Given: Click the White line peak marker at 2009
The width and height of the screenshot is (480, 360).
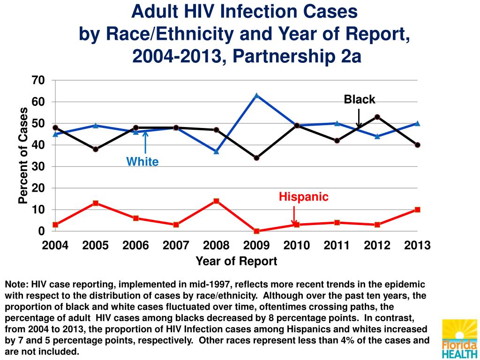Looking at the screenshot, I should [256, 96].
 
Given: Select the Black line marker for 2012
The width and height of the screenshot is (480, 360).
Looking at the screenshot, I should [377, 117].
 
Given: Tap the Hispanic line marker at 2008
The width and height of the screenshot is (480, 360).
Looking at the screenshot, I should [216, 201].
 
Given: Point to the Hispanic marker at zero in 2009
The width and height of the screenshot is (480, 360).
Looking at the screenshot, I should [256, 231].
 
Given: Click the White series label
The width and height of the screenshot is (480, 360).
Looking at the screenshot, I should [142, 162].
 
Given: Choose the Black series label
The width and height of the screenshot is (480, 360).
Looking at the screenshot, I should [360, 99].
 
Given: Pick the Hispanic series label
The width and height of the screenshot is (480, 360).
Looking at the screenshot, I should [304, 197].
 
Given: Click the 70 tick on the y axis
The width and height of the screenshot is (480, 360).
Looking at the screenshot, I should [38, 80].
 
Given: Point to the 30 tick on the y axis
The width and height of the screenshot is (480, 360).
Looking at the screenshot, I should [38, 166].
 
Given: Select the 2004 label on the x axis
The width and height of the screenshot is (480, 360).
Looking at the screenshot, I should [55, 245].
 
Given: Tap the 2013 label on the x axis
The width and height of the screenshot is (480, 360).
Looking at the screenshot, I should [417, 245].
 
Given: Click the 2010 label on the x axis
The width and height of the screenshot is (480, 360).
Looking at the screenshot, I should [297, 245].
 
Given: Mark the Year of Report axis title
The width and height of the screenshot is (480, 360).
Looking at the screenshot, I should [236, 261].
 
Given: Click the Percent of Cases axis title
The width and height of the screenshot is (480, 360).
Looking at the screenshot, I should [22, 155].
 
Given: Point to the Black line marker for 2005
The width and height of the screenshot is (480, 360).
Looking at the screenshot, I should [96, 149].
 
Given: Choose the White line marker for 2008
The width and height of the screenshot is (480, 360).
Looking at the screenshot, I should [216, 151].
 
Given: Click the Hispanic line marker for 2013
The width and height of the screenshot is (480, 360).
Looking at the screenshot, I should [417, 210].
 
